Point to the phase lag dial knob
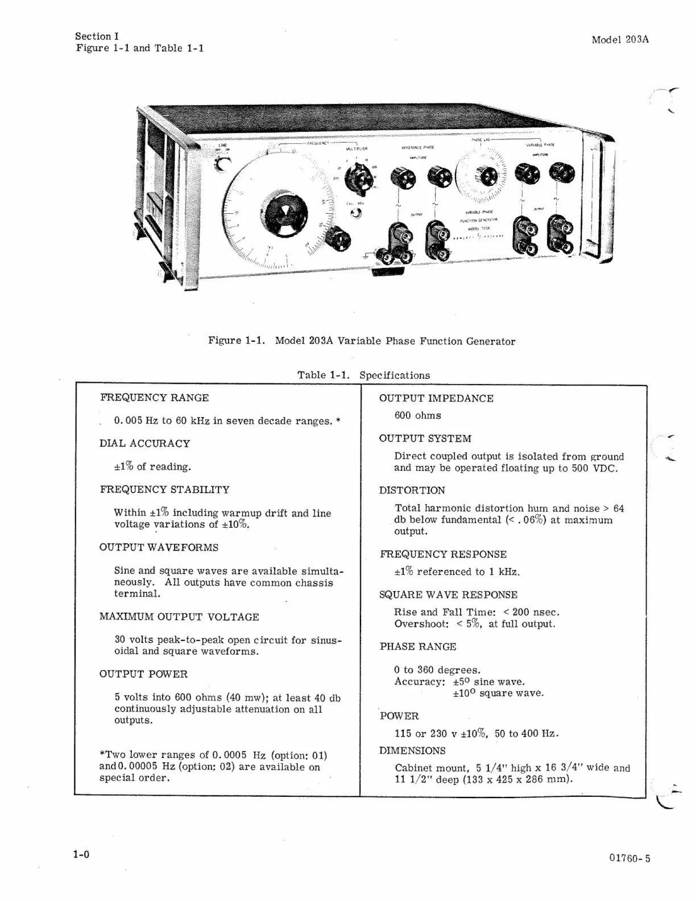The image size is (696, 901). [x=485, y=177]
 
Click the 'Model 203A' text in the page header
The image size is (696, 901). [x=620, y=40]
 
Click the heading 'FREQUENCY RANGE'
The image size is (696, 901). [x=155, y=398]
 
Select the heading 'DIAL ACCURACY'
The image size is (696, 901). [x=144, y=443]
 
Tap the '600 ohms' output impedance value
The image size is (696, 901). [x=417, y=415]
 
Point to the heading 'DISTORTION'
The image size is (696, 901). [x=412, y=490]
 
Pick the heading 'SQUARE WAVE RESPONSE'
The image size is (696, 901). [x=448, y=594]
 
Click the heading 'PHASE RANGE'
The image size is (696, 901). [x=418, y=647]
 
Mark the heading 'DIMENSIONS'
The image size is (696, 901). [x=412, y=750]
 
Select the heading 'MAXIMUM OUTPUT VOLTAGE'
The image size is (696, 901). [x=179, y=617]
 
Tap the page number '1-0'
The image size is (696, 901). [x=81, y=854]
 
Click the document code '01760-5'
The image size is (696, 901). [x=629, y=858]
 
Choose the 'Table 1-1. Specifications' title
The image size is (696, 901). [x=363, y=375]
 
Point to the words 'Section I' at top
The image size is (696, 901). [x=97, y=36]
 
